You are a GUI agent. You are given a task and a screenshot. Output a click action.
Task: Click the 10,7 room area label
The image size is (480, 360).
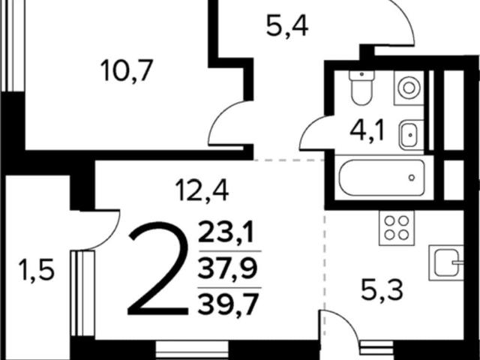tap(127, 71)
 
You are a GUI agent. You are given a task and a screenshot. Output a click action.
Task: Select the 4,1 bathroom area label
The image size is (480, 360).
tap(367, 131)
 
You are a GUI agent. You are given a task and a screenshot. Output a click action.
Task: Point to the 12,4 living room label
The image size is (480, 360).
tap(202, 190)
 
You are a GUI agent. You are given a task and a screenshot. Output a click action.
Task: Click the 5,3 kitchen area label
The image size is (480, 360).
tap(382, 291)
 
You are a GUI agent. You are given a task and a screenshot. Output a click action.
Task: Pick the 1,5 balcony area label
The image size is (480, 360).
tap(36, 270)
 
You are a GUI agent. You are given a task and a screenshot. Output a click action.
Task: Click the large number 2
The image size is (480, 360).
tap(158, 268)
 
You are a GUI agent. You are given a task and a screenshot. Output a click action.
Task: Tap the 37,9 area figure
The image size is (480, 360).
tap(227, 268)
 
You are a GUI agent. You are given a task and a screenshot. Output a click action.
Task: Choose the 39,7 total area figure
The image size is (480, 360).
tap(228, 304)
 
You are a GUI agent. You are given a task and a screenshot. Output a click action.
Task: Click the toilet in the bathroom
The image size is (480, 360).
tap(361, 88)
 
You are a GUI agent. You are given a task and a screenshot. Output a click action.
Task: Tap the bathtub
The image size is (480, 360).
tap(382, 178)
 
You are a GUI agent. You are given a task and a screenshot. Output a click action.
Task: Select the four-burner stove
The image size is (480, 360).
tap(397, 228)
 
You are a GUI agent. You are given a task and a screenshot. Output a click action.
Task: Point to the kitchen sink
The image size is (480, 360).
tap(446, 263)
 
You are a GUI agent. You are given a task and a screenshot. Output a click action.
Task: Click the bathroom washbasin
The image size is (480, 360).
tap(412, 135)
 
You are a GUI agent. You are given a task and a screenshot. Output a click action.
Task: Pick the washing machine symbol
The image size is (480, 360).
tap(409, 88)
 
